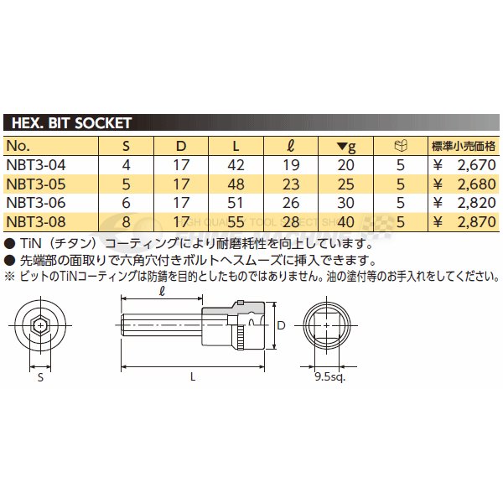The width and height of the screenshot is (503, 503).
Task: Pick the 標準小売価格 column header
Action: tap(463, 145)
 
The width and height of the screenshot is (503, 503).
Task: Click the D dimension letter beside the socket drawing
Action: tap(283, 324)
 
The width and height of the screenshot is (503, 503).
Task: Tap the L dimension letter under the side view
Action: tap(193, 377)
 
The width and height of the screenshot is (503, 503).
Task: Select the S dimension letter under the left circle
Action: tap(39, 377)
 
